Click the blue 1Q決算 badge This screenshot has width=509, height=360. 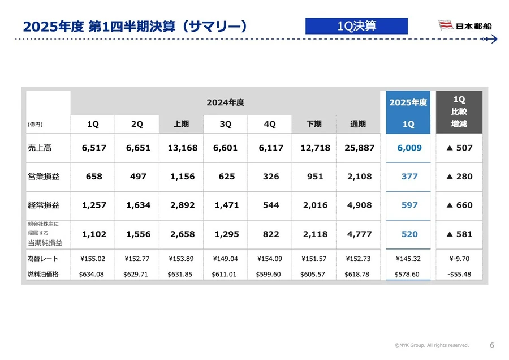[356, 26]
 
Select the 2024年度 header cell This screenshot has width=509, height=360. [225, 102]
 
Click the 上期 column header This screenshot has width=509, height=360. [182, 124]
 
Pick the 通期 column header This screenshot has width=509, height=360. [358, 124]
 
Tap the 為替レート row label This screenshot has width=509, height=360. [43, 259]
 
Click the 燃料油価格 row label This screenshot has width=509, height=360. [44, 275]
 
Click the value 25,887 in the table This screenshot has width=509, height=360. [359, 148]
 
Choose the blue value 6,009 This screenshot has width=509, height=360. [409, 148]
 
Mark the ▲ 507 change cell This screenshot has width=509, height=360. [459, 148]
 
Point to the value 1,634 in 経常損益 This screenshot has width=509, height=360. [138, 205]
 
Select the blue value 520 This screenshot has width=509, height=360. [409, 234]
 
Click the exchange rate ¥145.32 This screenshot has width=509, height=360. [409, 259]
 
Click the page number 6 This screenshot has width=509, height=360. [491, 345]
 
